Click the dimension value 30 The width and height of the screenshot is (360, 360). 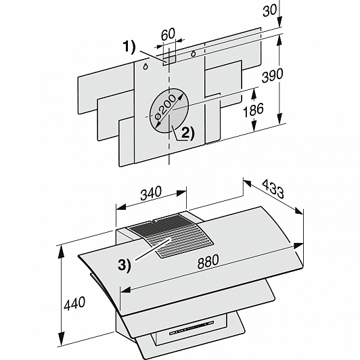(269, 10)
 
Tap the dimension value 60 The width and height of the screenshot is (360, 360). (168, 34)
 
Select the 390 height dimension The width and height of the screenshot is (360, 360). (273, 74)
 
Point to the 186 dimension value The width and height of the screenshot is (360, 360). (253, 110)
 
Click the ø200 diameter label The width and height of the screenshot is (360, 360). (165, 108)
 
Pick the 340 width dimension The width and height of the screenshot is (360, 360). (151, 193)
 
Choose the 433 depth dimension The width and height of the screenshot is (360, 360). (273, 189)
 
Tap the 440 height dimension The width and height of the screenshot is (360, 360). (74, 303)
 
